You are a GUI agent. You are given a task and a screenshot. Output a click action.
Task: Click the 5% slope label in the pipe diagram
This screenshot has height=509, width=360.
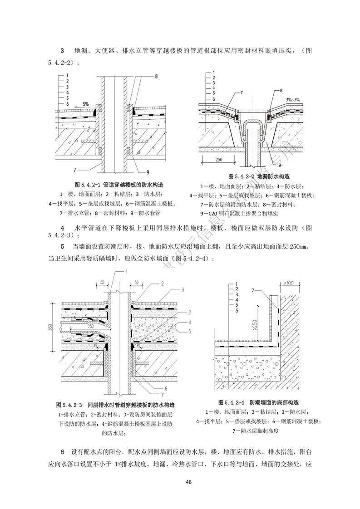click(85, 104)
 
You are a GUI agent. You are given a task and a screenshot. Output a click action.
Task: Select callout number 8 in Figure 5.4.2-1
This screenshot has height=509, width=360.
click(156, 77)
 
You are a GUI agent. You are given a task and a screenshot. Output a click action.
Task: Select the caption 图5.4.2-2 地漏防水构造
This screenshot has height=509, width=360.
click(259, 176)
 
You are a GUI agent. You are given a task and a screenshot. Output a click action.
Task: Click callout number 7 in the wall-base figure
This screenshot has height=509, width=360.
click(253, 289)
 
